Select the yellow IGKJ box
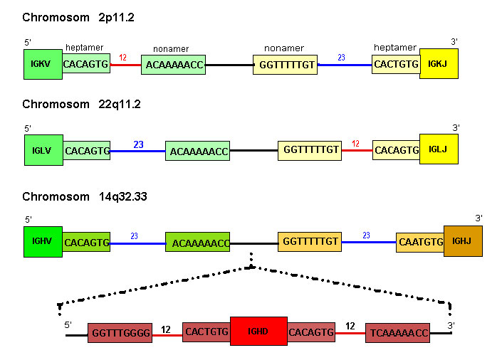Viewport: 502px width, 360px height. point(439,64)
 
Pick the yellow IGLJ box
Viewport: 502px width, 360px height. point(438,150)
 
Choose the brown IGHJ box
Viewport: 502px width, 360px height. point(463,242)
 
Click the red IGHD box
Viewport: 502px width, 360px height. point(258,332)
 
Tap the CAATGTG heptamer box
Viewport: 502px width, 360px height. point(420,243)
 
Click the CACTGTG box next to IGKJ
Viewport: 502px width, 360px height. point(396,65)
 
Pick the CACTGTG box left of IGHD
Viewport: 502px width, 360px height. point(206,332)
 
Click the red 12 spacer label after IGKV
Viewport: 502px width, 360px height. point(123,58)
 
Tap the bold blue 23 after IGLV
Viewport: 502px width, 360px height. point(138,144)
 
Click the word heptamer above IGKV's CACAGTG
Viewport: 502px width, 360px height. point(84,48)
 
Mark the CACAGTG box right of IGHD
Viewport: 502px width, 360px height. point(311,332)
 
